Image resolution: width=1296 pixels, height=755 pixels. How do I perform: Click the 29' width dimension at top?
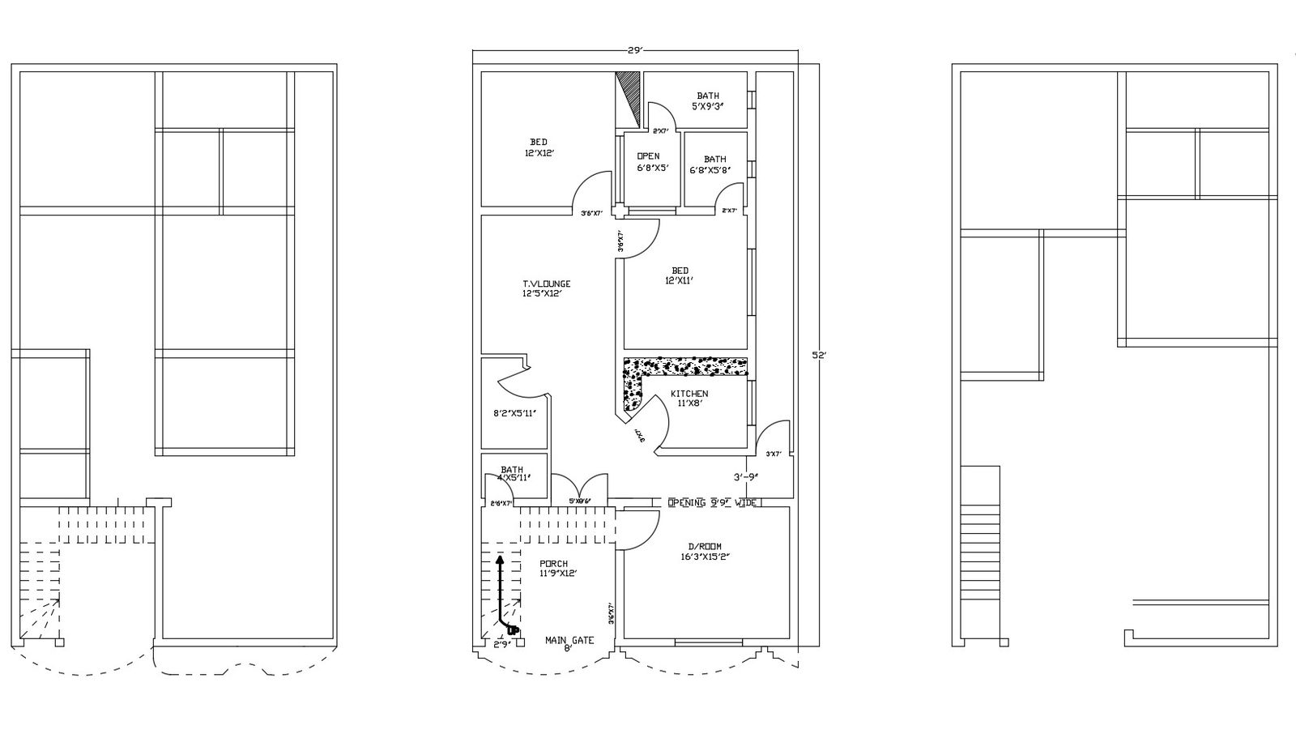click(635, 50)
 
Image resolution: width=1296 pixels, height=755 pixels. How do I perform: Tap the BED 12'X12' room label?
click(539, 147)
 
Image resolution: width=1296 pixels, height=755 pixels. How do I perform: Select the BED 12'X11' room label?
click(680, 275)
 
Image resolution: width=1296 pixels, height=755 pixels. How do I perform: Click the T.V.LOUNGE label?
click(546, 288)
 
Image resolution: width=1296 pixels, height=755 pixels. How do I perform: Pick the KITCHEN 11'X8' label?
click(688, 398)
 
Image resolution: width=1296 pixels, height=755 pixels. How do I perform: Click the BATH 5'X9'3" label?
click(707, 100)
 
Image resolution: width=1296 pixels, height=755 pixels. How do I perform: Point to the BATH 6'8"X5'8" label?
click(710, 164)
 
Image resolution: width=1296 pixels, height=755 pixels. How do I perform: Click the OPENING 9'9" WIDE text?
click(712, 503)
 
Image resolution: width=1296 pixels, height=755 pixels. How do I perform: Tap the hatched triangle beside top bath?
click(630, 94)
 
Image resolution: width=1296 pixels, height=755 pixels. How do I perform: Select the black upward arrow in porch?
click(501, 591)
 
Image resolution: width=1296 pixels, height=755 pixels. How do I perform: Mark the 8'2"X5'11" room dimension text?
click(514, 412)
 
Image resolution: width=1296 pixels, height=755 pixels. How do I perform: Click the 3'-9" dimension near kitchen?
click(745, 477)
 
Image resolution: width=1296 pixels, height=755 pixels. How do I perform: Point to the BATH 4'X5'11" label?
click(513, 473)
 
